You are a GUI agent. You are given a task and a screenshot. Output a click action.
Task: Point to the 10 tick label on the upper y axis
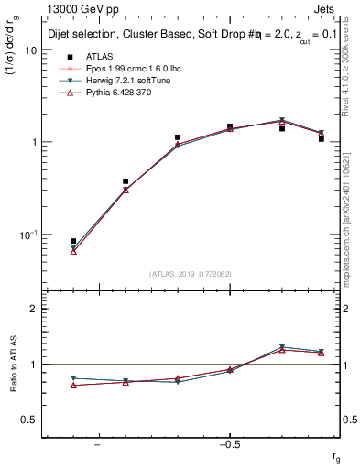[30, 50]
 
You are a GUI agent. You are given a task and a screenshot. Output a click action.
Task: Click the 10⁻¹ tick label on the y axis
[27, 234]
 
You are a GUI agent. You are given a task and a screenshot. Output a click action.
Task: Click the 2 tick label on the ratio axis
[33, 309]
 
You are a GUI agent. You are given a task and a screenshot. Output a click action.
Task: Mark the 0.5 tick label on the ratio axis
[29, 420]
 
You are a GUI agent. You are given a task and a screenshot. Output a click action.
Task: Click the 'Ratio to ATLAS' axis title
[12, 364]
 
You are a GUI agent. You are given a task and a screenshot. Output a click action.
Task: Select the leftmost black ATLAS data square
[73, 241]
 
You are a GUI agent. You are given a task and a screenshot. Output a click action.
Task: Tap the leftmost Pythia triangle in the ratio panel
[73, 385]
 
